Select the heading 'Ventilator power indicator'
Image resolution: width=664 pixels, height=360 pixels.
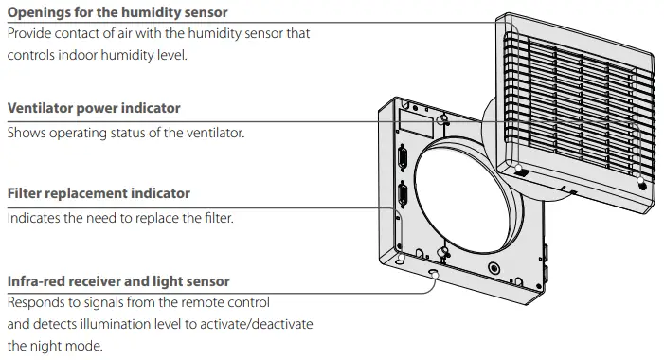pos(93,109)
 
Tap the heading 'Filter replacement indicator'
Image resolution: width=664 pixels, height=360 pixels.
pos(99,193)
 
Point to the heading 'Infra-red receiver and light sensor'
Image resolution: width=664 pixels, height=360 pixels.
pos(117,281)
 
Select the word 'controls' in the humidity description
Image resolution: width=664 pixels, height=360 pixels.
pos(33,55)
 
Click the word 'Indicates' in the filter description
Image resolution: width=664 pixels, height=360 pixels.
pos(35,218)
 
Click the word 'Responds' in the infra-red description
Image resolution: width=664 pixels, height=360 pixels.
pos(37,303)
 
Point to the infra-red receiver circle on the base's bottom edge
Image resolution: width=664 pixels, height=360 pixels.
pos(433,274)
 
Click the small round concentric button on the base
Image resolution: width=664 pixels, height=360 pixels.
pos(492,268)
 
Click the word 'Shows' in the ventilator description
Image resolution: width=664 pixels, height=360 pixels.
pos(26,133)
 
